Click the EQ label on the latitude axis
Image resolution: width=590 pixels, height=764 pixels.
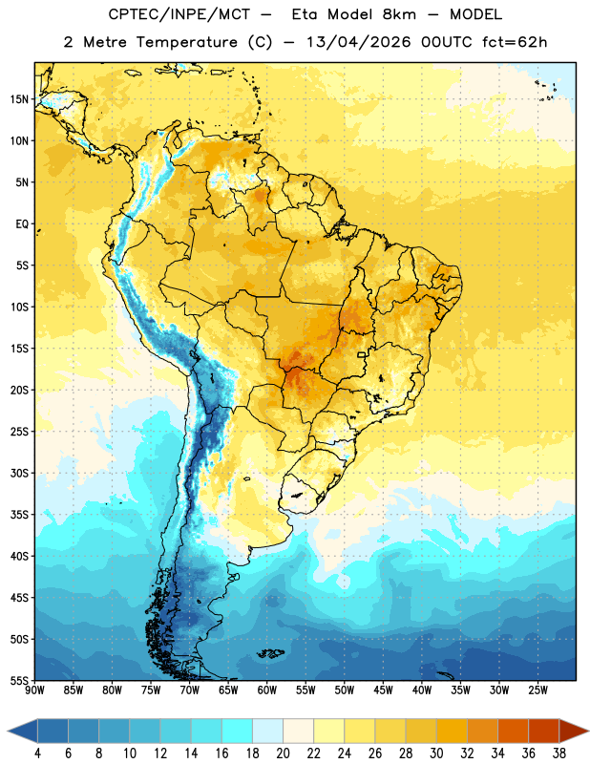pos(22,224)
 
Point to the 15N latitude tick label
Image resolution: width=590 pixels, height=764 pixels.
pos(19,99)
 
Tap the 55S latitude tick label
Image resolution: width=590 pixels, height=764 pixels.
pos(19,681)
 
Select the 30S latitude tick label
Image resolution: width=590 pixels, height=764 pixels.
pos(19,473)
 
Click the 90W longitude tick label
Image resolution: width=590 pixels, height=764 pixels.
pos(34,690)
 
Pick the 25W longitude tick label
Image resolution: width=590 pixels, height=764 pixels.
pos(537,690)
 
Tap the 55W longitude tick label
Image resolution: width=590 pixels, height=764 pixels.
pos(306,690)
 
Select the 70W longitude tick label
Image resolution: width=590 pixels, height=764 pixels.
pos(190,690)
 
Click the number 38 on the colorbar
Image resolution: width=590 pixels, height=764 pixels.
pos(559,753)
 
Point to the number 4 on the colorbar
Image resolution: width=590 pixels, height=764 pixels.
pos(37,753)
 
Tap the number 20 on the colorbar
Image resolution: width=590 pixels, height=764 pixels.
pos(283,753)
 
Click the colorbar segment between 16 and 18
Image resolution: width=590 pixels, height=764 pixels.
pos(238,732)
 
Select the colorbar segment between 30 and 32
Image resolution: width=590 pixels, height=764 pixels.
pos(453,732)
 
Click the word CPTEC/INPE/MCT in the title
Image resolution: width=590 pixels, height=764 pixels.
pos(179,14)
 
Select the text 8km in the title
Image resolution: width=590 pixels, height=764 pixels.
pos(399,14)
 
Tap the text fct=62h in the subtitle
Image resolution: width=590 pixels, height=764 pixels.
pos(515,42)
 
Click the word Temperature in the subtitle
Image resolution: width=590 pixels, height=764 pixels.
pos(187,42)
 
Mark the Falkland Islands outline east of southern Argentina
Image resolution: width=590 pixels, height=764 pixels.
pos(270,653)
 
